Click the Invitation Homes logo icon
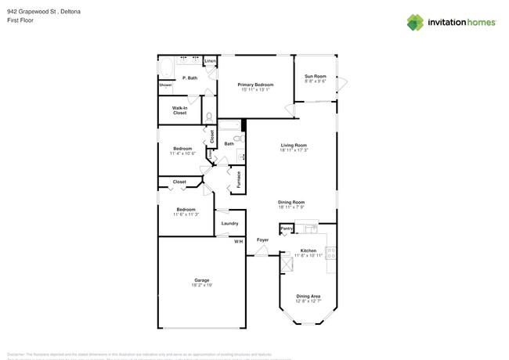[414, 23]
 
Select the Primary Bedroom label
[255, 84]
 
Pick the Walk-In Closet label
[179, 110]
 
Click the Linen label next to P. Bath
[209, 61]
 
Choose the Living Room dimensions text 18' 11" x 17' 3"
[294, 150]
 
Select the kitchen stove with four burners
[331, 252]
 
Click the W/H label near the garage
[238, 241]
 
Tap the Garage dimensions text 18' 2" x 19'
[201, 285]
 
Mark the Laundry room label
[229, 223]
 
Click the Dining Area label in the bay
[308, 296]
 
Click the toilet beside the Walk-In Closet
[208, 117]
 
